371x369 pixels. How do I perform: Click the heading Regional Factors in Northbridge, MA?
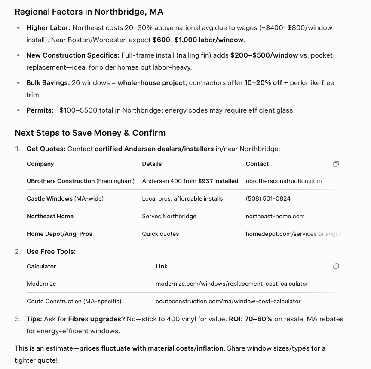tap(89, 12)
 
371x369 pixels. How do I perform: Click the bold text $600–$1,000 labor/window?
tap(198, 40)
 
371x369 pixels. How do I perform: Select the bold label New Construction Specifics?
tap(72, 55)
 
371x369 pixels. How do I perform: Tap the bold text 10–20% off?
tap(263, 83)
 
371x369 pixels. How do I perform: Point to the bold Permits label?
tap(40, 110)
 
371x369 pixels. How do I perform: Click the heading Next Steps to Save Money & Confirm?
tap(90, 133)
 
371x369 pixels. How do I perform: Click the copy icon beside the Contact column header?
tap(336, 164)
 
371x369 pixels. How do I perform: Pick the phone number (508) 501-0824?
tap(268, 199)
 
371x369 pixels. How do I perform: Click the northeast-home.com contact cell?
tap(275, 217)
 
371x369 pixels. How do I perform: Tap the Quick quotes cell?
tap(160, 234)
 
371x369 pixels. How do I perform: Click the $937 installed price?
tap(218, 181)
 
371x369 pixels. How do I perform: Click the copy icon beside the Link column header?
tap(336, 266)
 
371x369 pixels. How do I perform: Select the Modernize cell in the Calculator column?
tap(41, 284)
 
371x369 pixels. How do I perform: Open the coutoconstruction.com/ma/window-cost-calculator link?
tap(228, 302)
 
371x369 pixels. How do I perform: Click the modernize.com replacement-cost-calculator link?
tap(232, 284)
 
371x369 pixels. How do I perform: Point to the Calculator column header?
tap(41, 266)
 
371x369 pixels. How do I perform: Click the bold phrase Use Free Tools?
tap(51, 252)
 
